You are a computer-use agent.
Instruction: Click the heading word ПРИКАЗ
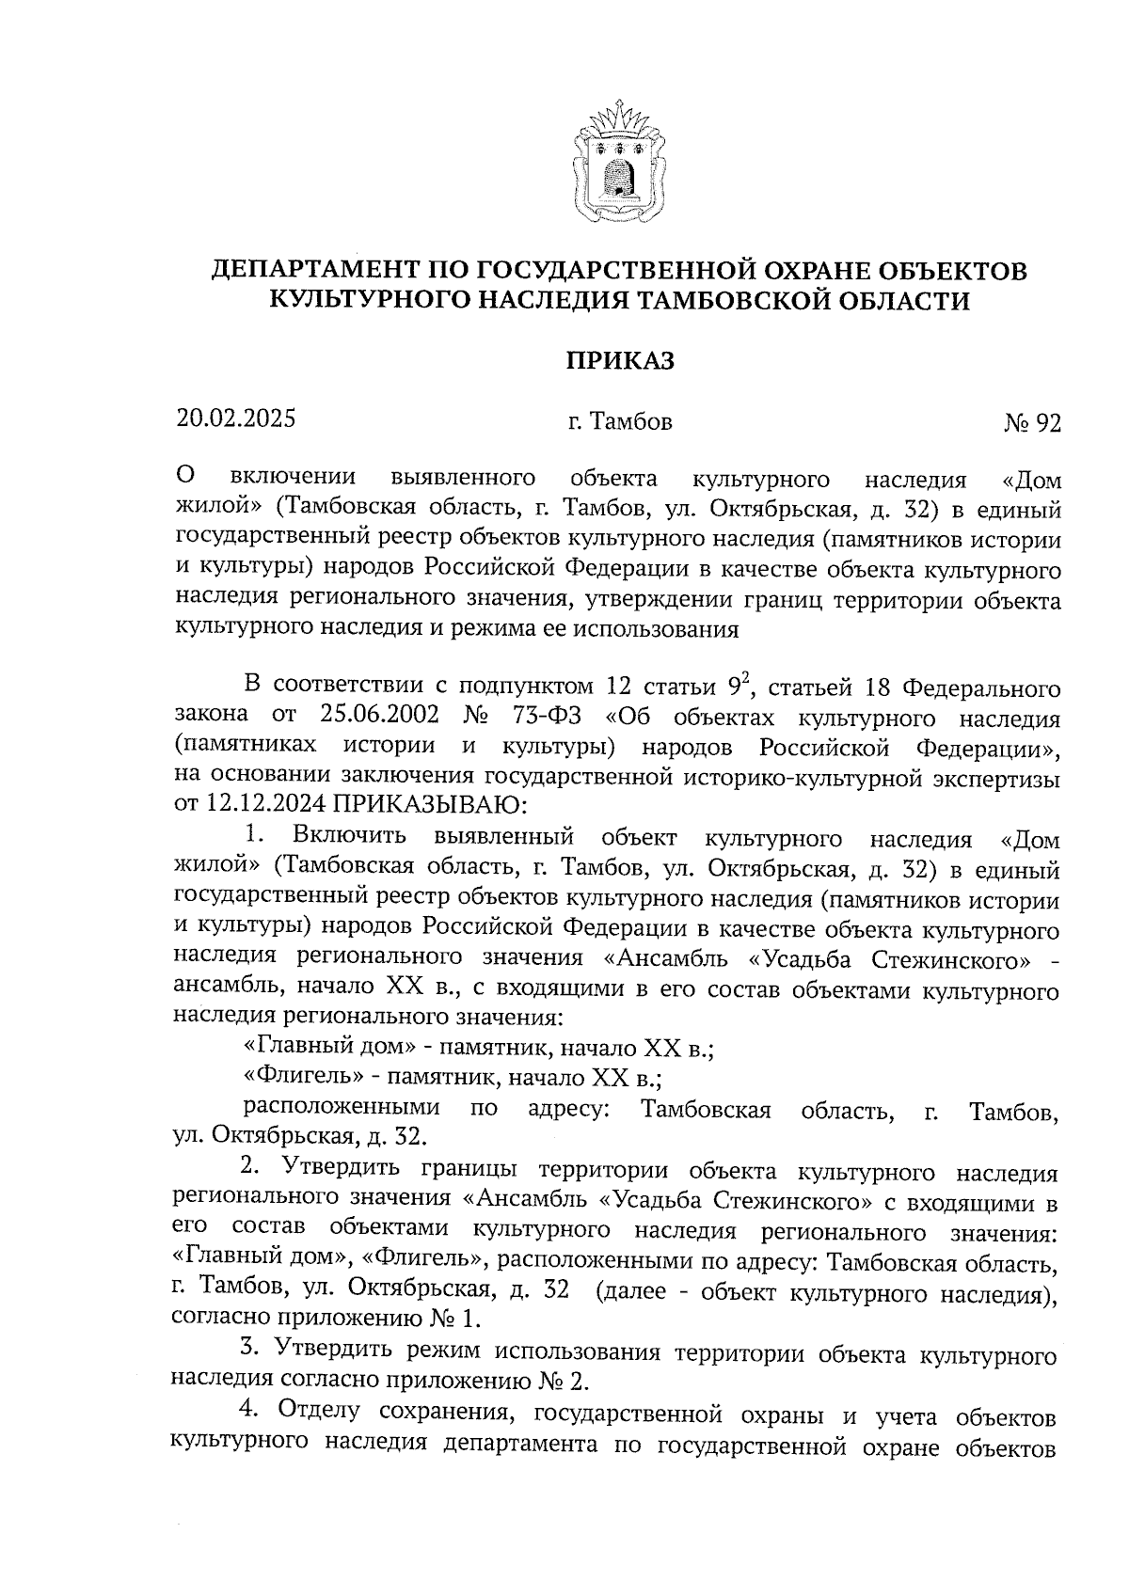point(620,361)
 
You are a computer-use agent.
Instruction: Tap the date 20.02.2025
point(236,418)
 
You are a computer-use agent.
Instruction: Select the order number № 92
point(1032,424)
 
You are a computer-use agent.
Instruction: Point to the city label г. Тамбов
point(620,422)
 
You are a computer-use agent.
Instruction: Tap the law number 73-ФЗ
point(549,717)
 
